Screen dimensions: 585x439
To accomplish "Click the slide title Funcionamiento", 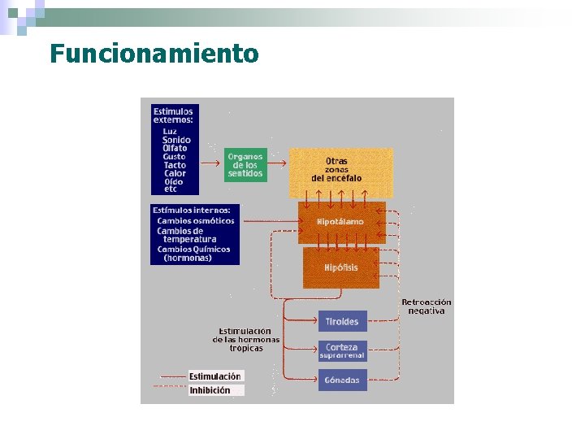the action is tap(154, 54).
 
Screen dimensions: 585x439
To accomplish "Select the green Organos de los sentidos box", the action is tap(245, 165).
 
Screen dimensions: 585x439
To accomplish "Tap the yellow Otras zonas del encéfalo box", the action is tap(341, 171).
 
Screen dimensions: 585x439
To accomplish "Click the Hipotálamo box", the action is tap(341, 222).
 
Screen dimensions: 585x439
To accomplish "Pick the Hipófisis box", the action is tap(341, 267).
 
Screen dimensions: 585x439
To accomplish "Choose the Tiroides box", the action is tap(342, 321).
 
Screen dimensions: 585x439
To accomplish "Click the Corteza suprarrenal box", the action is tap(342, 350).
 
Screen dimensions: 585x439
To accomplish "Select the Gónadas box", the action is tap(342, 380).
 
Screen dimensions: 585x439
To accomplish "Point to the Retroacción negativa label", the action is tap(427, 306).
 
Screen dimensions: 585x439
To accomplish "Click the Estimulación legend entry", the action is tap(215, 376).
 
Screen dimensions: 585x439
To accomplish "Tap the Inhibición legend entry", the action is tap(210, 390).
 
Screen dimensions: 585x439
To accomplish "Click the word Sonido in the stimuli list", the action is tap(176, 140).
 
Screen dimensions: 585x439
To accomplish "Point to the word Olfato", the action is tap(175, 148).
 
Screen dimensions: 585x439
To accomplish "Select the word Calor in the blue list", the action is tap(175, 173).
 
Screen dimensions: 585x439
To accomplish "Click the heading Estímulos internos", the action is tap(192, 211).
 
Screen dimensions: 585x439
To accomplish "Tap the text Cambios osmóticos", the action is tap(196, 220).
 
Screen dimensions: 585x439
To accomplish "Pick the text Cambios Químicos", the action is tap(194, 249).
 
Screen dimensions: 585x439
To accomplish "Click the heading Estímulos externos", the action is tap(173, 115).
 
